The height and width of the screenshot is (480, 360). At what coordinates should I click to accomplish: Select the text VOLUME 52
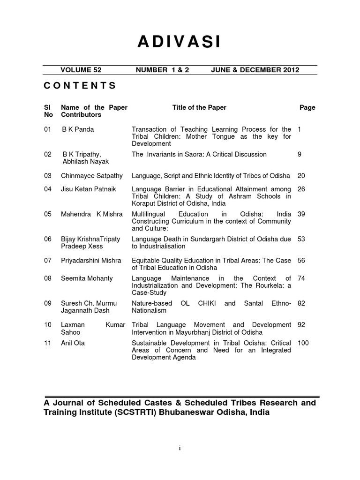click(81, 70)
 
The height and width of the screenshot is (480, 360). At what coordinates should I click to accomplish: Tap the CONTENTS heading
click(80, 85)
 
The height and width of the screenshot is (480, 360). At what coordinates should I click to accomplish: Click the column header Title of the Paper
click(199, 107)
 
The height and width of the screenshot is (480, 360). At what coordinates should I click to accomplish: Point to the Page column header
click(307, 107)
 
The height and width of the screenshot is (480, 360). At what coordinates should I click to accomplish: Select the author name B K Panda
click(78, 129)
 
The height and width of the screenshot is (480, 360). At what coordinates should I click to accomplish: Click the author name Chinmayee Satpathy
click(92, 176)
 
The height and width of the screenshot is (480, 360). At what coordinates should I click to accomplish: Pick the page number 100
click(303, 343)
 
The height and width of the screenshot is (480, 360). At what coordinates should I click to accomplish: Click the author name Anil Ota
click(73, 343)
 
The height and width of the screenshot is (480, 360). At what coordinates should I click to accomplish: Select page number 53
click(301, 239)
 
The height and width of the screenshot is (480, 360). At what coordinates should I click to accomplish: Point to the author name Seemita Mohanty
click(87, 278)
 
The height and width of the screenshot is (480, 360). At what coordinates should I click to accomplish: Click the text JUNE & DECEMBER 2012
click(255, 70)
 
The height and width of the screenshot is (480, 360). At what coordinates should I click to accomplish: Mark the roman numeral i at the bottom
click(180, 448)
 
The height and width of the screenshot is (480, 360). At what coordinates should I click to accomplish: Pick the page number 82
click(301, 303)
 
